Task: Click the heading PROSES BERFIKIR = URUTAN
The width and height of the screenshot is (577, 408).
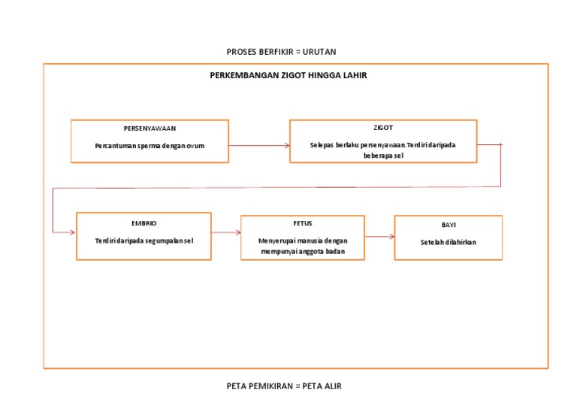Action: coord(281,52)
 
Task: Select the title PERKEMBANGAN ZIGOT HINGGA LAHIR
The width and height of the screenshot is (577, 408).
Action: coord(288,76)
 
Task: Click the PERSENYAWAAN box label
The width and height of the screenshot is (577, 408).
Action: coord(150,128)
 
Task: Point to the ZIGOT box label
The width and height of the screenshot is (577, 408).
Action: coord(382,128)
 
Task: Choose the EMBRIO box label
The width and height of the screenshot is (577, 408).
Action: coord(143,223)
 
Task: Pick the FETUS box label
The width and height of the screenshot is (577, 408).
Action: coord(303,223)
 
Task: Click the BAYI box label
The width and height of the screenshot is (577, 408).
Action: coord(449,225)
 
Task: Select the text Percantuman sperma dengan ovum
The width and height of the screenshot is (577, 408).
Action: coord(150,146)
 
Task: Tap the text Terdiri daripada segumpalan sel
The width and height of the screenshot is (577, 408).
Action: coord(143,240)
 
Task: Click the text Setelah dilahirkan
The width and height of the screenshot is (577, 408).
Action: coord(449,242)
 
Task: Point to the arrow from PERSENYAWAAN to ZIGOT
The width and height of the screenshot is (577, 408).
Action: coord(259,145)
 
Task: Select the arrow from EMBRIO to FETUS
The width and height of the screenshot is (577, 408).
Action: coord(225,233)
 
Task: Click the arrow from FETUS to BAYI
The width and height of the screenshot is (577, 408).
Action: coord(379,237)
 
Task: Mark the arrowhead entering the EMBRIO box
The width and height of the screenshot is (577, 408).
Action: coord(72,233)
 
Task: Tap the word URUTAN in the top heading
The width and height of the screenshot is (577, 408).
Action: coord(319,52)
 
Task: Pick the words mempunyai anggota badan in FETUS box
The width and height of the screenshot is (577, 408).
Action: coord(302,252)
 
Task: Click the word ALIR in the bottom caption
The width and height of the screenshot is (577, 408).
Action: coord(332,386)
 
